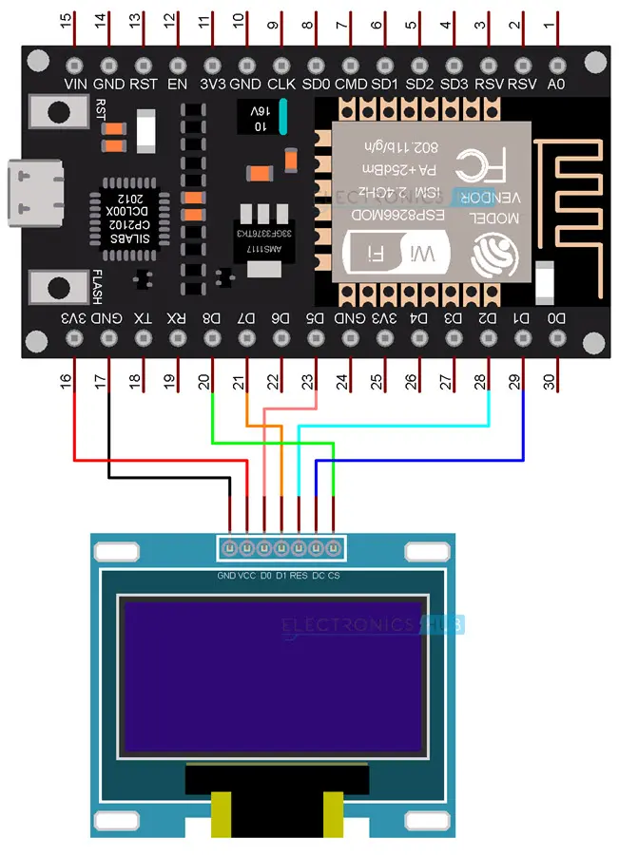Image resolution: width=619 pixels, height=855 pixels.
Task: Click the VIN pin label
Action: pos(75,84)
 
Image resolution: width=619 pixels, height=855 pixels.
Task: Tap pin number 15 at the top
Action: pos(66,20)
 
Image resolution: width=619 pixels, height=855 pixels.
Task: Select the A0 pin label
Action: pos(557,84)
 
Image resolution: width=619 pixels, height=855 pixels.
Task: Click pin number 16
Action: pos(66,382)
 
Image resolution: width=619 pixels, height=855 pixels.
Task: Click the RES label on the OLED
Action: pos(299,576)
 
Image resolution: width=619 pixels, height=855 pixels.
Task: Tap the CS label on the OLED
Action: pos(334,576)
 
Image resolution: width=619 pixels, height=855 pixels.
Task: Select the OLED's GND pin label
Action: pos(226,576)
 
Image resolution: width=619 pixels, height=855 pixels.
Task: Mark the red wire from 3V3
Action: pos(74,427)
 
